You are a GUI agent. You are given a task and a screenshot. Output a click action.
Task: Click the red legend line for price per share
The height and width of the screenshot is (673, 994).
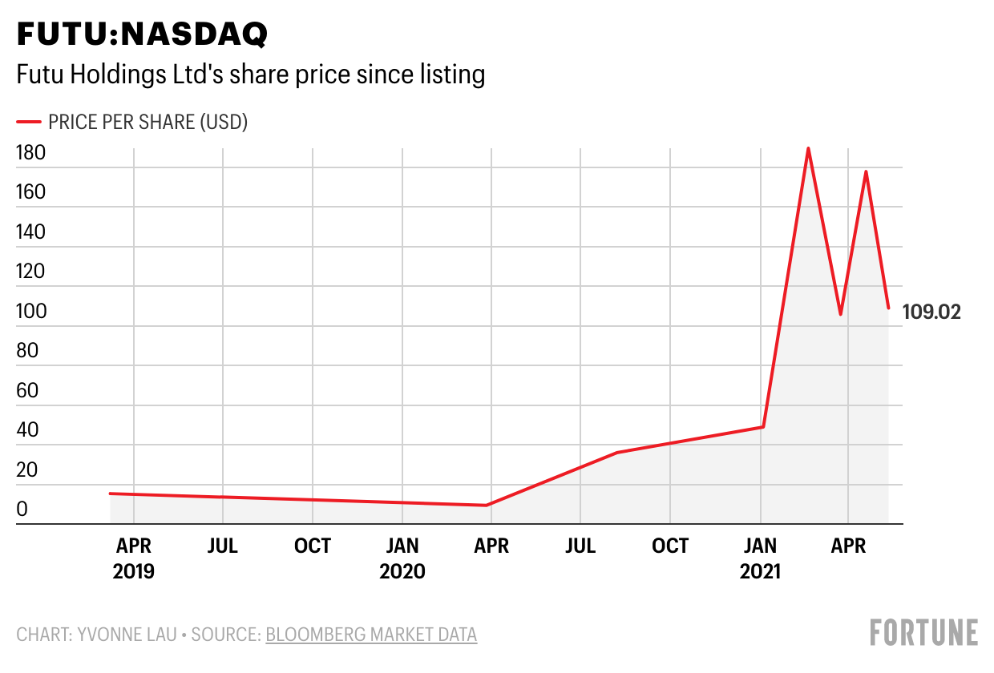[29, 122]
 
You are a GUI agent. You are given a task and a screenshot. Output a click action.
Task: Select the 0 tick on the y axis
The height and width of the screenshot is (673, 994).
[22, 510]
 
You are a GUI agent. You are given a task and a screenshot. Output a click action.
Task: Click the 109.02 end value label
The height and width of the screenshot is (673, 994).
[931, 312]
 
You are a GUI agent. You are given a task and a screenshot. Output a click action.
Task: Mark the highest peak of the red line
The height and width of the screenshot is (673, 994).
[808, 148]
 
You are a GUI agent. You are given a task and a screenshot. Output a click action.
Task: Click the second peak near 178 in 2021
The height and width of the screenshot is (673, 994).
[866, 171]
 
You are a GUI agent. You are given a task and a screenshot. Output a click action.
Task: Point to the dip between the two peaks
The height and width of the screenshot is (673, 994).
[840, 314]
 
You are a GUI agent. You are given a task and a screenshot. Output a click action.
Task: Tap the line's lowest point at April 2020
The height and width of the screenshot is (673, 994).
[487, 506]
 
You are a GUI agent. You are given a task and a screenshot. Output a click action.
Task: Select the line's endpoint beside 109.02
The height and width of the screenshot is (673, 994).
[888, 308]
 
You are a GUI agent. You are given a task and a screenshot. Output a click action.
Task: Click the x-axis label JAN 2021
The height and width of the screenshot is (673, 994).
[759, 558]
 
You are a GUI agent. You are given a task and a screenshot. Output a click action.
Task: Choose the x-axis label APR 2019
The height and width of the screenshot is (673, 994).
[133, 558]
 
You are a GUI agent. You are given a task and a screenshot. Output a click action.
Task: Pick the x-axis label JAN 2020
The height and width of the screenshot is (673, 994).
[402, 558]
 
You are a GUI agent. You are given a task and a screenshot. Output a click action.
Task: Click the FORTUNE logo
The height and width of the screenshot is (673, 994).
[924, 632]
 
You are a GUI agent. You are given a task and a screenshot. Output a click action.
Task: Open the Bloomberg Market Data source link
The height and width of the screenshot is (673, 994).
[371, 635]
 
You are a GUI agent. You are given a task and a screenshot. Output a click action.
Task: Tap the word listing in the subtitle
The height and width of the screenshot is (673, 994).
[451, 75]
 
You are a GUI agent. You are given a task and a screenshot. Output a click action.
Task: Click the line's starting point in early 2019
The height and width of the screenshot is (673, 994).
[110, 494]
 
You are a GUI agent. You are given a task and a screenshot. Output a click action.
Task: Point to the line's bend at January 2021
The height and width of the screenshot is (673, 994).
[763, 426]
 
